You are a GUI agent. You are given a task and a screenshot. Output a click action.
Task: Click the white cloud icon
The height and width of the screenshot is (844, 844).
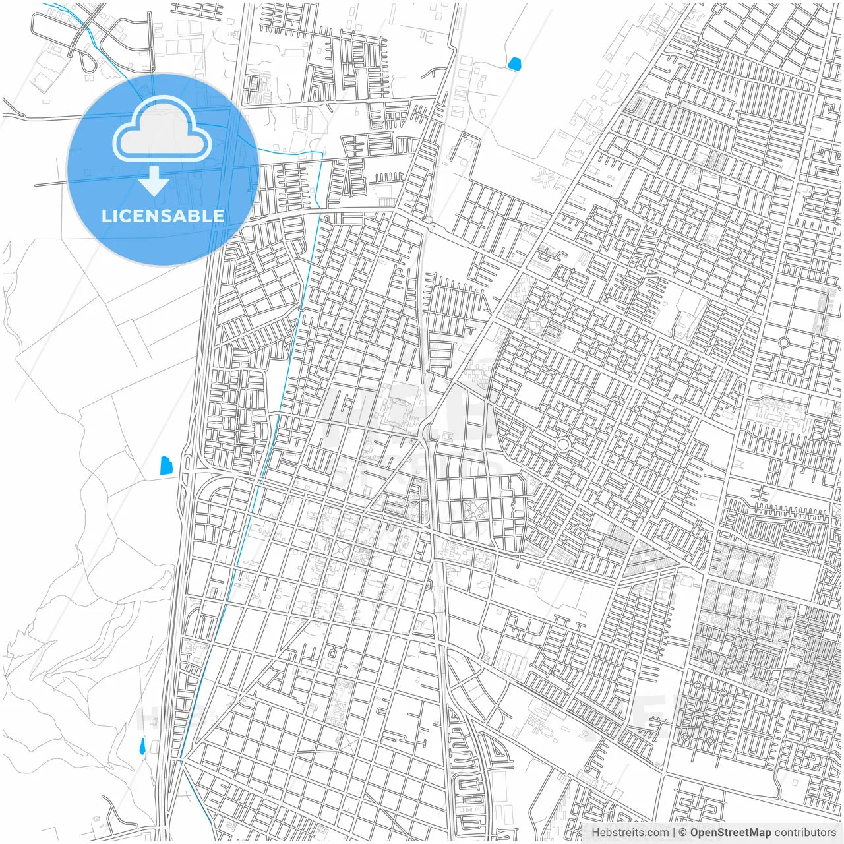pos(162,130)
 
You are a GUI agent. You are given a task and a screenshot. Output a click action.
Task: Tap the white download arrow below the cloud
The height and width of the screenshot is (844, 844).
pos(154,181)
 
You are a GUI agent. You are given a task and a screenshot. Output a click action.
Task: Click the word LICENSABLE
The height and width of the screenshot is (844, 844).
pos(162,216)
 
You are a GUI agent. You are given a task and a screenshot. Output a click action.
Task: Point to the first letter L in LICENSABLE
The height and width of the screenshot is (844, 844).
pos(105,216)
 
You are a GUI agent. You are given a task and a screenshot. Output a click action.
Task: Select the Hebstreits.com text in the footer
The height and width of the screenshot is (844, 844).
pos(630,833)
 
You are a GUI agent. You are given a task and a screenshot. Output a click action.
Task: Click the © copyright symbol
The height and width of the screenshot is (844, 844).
pos(683,833)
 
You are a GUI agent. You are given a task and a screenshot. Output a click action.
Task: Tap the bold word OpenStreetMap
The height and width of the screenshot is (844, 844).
pos(730,833)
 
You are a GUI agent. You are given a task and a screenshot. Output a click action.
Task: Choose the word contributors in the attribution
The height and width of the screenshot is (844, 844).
pos(805,833)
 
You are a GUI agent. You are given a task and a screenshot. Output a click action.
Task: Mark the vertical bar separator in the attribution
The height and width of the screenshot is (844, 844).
pos(674,833)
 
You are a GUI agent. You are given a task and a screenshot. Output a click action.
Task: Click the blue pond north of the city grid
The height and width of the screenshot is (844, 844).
pos(514,64)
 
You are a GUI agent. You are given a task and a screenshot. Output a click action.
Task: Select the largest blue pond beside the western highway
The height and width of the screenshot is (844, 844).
pos(166,466)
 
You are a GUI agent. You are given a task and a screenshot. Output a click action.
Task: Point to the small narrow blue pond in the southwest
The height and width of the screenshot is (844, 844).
pos(142,746)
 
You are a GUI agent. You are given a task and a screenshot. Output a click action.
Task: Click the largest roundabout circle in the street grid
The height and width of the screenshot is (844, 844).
pos(562,445)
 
